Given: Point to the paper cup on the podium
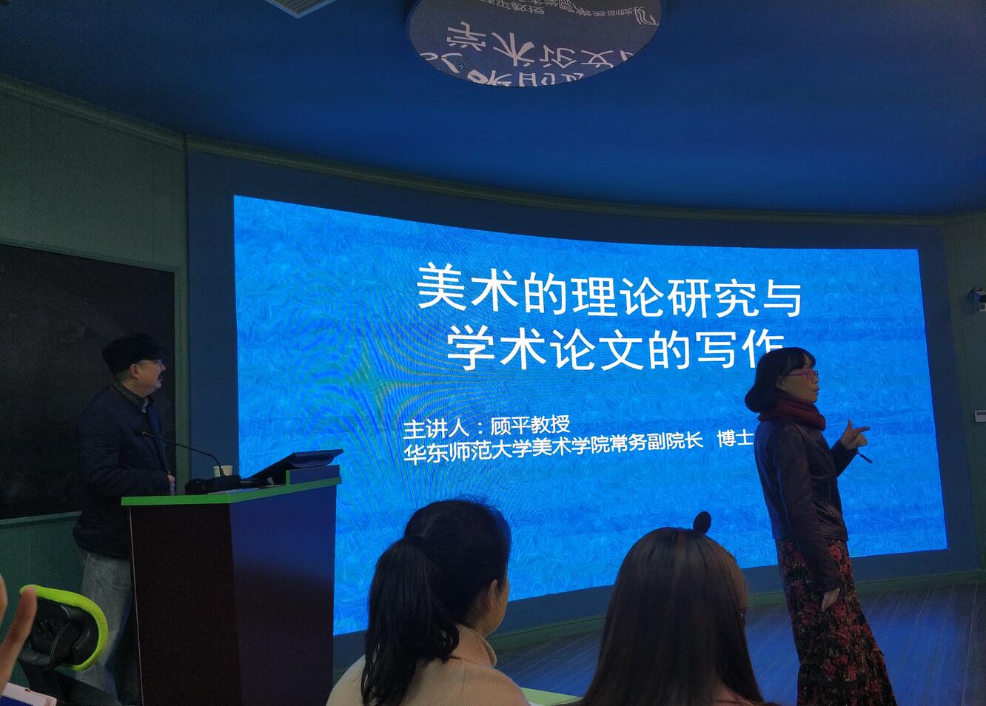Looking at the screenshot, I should coord(218,471).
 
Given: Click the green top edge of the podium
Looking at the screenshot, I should coord(229,492).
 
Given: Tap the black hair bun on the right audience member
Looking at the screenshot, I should coord(702,522).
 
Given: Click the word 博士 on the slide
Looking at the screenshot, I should coord(735,439).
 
